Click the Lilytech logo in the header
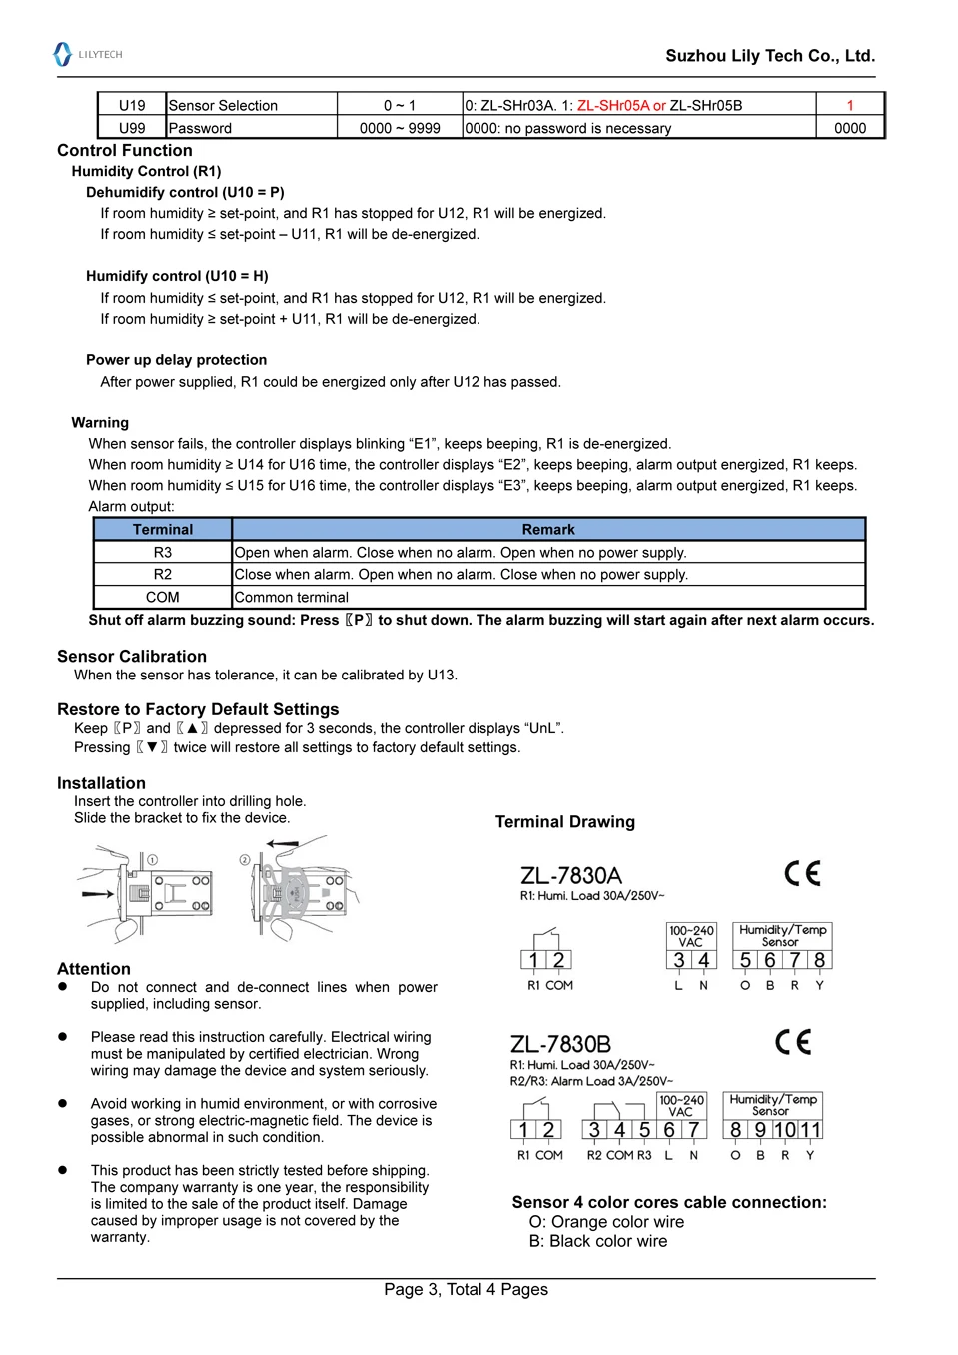pos(87,54)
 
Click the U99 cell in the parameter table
pos(132,128)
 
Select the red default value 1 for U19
pos(850,105)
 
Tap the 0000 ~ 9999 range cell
pos(400,128)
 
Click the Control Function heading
pos(125,150)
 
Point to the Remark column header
pos(548,529)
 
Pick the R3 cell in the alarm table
pos(163,552)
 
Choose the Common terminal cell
pos(292,597)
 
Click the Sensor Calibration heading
pos(132,656)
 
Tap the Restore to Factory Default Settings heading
pos(198,709)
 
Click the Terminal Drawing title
pos(565,821)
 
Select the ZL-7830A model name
pos(571,875)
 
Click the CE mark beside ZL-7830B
pos(794,1042)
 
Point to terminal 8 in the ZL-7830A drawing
pos(820,960)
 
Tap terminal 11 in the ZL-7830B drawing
pos(811,1130)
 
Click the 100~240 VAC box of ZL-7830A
pos(691,936)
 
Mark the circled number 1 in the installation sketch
pos(152,859)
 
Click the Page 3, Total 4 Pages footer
pos(466,1289)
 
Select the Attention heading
pos(94,968)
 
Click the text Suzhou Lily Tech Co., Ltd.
pos(770,56)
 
